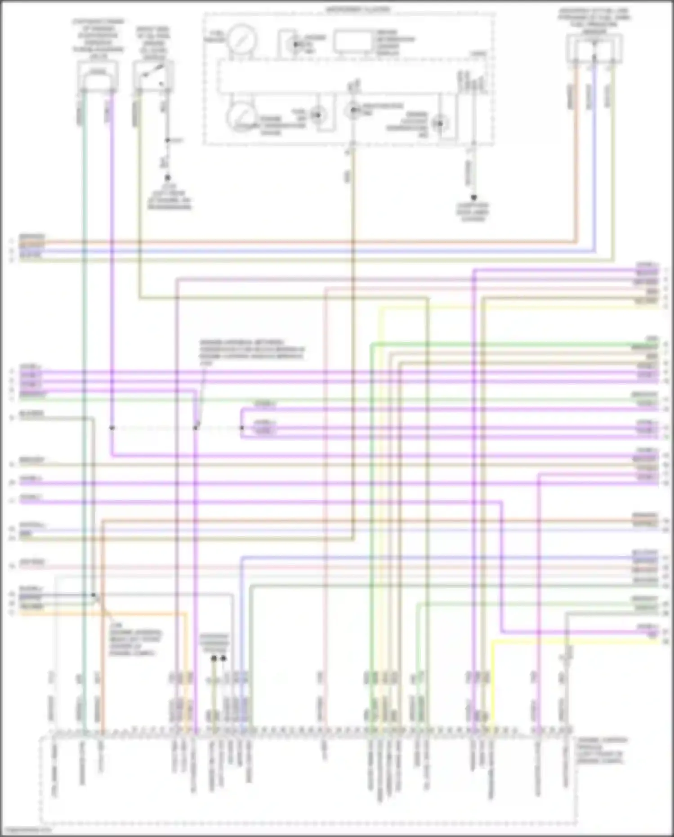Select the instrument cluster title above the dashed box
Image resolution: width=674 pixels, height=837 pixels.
click(x=358, y=9)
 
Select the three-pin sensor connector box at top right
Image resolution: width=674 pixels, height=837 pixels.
click(x=594, y=49)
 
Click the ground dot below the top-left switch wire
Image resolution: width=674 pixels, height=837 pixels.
click(x=167, y=178)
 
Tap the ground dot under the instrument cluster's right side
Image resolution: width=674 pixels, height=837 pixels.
click(x=473, y=197)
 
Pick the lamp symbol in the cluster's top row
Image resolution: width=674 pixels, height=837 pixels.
click(x=295, y=44)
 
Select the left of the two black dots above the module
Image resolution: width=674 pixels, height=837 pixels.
click(x=214, y=658)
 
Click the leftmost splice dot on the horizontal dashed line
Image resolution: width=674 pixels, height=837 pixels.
click(x=112, y=428)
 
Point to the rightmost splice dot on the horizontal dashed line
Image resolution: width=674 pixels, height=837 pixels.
click(x=241, y=428)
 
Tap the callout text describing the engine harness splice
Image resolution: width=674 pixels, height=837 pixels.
click(x=252, y=351)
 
